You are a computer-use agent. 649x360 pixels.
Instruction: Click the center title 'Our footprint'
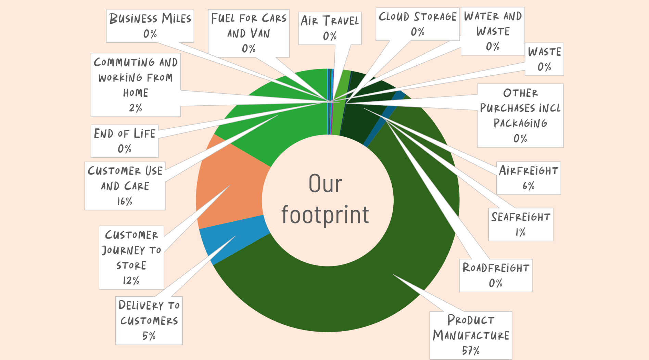click(x=325, y=199)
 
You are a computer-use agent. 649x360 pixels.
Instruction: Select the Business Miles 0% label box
click(x=150, y=26)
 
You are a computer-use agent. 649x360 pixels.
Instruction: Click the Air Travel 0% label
click(x=330, y=28)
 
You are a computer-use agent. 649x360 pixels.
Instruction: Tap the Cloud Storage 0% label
click(x=417, y=24)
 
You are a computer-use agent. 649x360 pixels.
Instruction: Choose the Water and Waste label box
click(x=493, y=31)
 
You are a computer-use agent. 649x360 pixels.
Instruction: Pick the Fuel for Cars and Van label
click(x=249, y=33)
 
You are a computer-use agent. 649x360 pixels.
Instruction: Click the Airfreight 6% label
click(x=529, y=178)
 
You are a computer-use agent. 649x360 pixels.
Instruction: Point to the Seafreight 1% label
click(x=521, y=224)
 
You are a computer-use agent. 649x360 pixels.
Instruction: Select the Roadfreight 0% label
click(x=496, y=275)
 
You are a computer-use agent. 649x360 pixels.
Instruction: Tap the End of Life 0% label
click(x=125, y=141)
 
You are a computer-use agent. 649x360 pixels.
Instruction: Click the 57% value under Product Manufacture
click(x=471, y=350)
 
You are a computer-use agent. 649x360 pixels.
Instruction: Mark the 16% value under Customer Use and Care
click(x=125, y=201)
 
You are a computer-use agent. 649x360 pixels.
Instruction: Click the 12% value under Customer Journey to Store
click(x=131, y=281)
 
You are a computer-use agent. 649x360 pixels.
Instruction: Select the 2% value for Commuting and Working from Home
click(x=136, y=108)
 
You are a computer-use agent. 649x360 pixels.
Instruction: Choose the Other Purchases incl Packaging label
click(x=520, y=116)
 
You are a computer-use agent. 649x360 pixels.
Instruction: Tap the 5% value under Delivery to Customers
click(x=149, y=336)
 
